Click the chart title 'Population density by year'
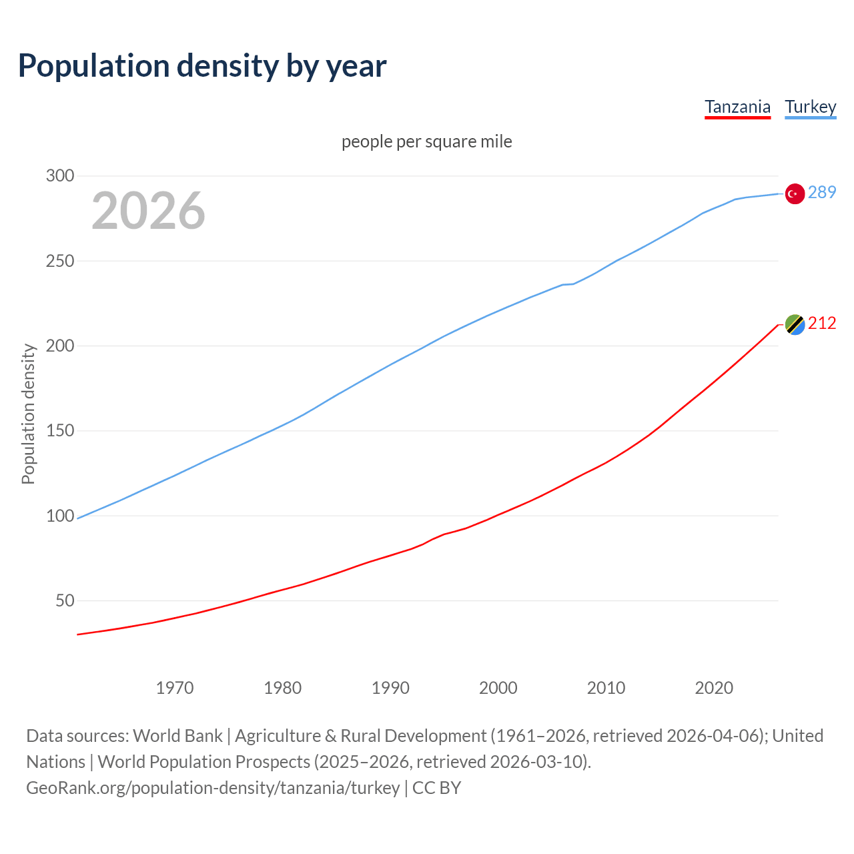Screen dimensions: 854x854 click(202, 65)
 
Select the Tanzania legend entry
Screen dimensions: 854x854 click(737, 107)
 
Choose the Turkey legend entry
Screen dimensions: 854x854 click(810, 107)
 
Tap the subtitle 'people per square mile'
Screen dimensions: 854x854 click(426, 141)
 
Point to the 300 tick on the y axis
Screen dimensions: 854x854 click(59, 176)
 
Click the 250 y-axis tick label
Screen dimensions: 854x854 click(59, 261)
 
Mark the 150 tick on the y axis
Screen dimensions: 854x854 click(59, 431)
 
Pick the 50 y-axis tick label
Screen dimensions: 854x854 click(64, 600)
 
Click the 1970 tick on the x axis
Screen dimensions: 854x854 click(175, 687)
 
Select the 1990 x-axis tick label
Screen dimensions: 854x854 click(390, 687)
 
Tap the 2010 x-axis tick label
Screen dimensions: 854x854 click(606, 687)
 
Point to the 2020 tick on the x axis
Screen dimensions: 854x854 click(714, 687)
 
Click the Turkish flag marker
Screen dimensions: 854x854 click(794, 193)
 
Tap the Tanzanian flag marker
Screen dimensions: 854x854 click(794, 324)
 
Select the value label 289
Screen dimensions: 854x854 click(822, 192)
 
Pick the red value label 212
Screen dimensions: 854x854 click(822, 323)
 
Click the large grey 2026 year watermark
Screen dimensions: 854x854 click(148, 211)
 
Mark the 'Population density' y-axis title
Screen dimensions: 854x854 click(28, 414)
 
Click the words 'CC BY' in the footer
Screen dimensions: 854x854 click(436, 788)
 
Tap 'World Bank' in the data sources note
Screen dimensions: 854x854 click(177, 736)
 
